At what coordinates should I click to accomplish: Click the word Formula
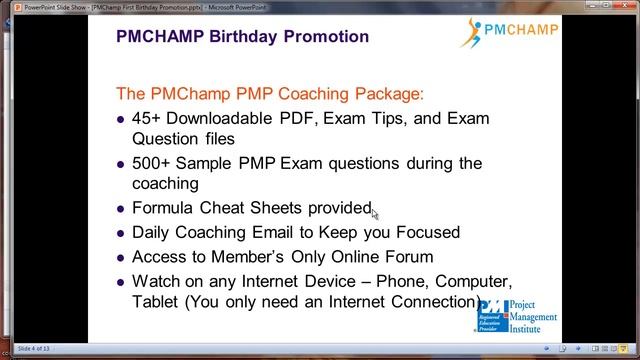[x=166, y=208]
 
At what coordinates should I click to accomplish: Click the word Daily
[x=154, y=232]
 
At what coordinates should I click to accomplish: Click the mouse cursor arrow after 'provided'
[x=375, y=212]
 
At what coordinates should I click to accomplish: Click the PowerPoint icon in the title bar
[x=6, y=6]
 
